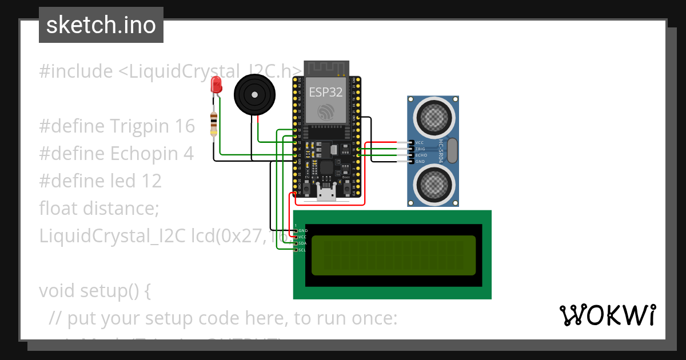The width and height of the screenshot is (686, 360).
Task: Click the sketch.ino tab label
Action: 101,25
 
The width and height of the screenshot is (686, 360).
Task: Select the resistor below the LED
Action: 214,123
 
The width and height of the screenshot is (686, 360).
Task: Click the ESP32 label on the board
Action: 326,92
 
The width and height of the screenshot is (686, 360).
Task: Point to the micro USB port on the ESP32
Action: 327,194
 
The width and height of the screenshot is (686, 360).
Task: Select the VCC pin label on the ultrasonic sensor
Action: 420,142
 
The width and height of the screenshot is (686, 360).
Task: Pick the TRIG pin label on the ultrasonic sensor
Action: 421,149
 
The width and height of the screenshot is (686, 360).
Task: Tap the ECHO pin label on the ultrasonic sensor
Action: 421,155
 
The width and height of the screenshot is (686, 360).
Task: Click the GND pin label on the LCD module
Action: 303,230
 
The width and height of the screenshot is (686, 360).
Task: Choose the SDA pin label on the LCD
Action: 303,243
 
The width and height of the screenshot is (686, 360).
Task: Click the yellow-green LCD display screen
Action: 394,255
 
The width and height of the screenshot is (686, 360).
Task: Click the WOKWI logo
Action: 607,315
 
